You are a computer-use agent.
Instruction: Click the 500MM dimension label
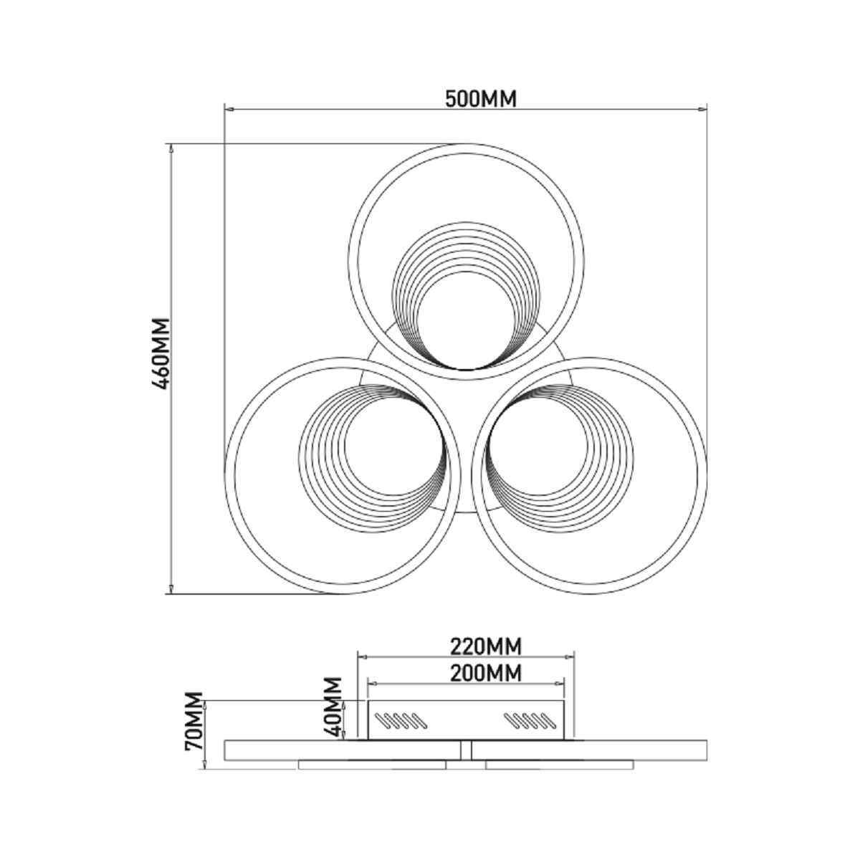(x=481, y=99)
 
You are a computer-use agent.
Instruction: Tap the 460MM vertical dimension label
(x=161, y=354)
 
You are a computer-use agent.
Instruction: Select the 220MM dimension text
(x=486, y=646)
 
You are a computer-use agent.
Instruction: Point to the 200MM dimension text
(x=486, y=674)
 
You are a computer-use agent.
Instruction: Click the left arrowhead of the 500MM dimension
(x=229, y=108)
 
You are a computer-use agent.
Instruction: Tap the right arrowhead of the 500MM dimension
(x=702, y=108)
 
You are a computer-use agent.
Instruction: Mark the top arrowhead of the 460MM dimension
(x=171, y=149)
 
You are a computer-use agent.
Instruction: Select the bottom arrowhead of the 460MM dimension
(x=171, y=588)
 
